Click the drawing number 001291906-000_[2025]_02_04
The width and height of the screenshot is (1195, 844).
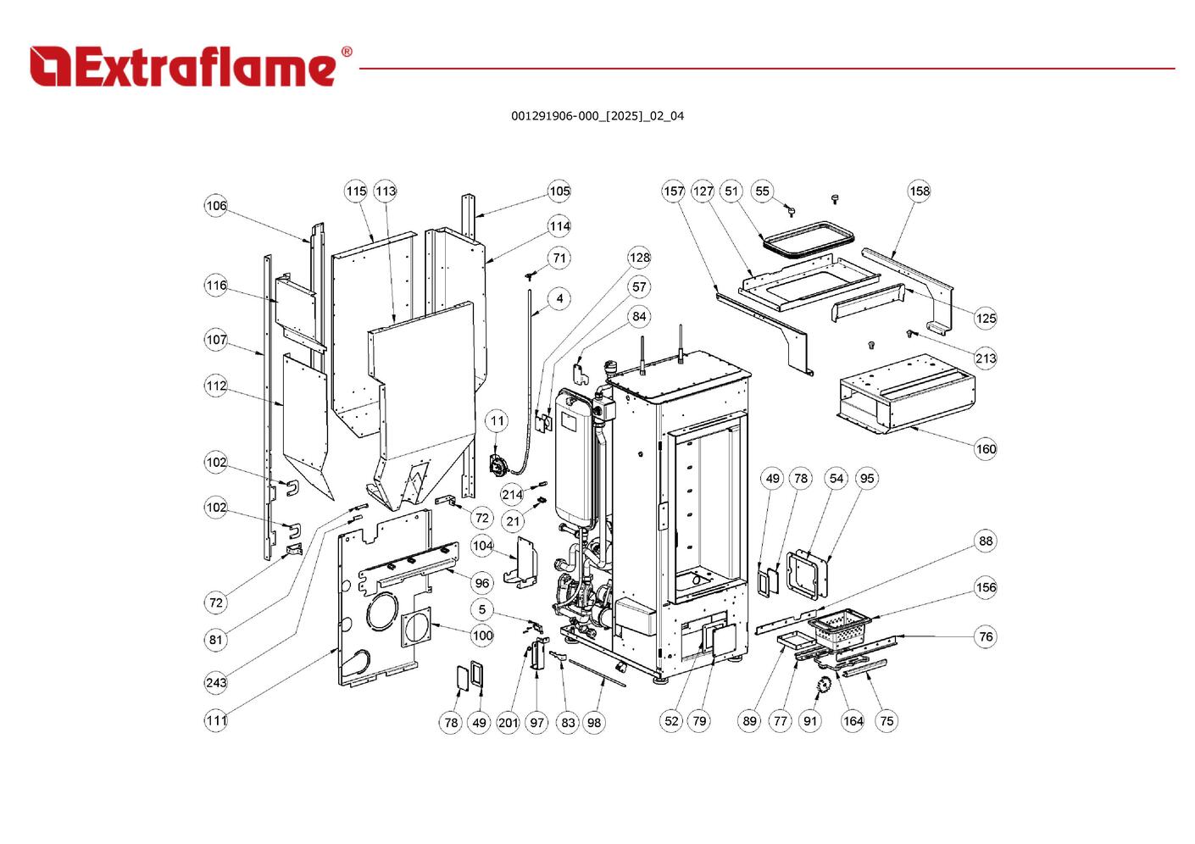pyautogui.click(x=597, y=116)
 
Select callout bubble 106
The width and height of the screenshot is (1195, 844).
pyautogui.click(x=216, y=205)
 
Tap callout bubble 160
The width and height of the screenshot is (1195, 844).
pyautogui.click(x=986, y=448)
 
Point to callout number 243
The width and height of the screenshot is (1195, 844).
pyautogui.click(x=216, y=682)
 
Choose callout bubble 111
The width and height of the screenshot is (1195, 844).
pyautogui.click(x=216, y=721)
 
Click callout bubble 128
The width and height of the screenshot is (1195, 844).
pyautogui.click(x=640, y=258)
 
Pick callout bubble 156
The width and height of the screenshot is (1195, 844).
pyautogui.click(x=986, y=587)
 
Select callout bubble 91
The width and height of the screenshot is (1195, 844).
pyautogui.click(x=810, y=721)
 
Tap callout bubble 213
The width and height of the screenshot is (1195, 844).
pyautogui.click(x=986, y=358)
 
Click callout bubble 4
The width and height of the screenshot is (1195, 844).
pyautogui.click(x=559, y=298)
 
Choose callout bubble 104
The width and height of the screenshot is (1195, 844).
pyautogui.click(x=482, y=546)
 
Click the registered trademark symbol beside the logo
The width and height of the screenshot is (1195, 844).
pyautogui.click(x=347, y=51)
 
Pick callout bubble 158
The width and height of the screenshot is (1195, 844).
pyautogui.click(x=920, y=191)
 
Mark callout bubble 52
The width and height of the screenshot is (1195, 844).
pyautogui.click(x=671, y=721)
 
